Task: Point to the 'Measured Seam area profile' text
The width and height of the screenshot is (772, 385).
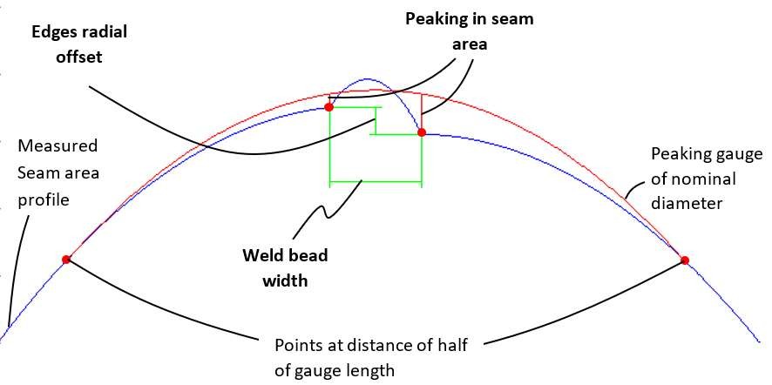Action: coord(58,172)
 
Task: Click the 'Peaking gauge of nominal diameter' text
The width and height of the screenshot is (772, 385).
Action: coord(694,179)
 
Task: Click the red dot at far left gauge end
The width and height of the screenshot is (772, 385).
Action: coord(66,259)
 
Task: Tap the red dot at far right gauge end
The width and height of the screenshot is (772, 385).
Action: coord(685,260)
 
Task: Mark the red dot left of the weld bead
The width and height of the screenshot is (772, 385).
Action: coord(328,107)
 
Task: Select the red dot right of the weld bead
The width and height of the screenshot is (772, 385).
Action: coord(422,133)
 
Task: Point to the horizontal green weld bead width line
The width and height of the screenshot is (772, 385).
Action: coord(375,183)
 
